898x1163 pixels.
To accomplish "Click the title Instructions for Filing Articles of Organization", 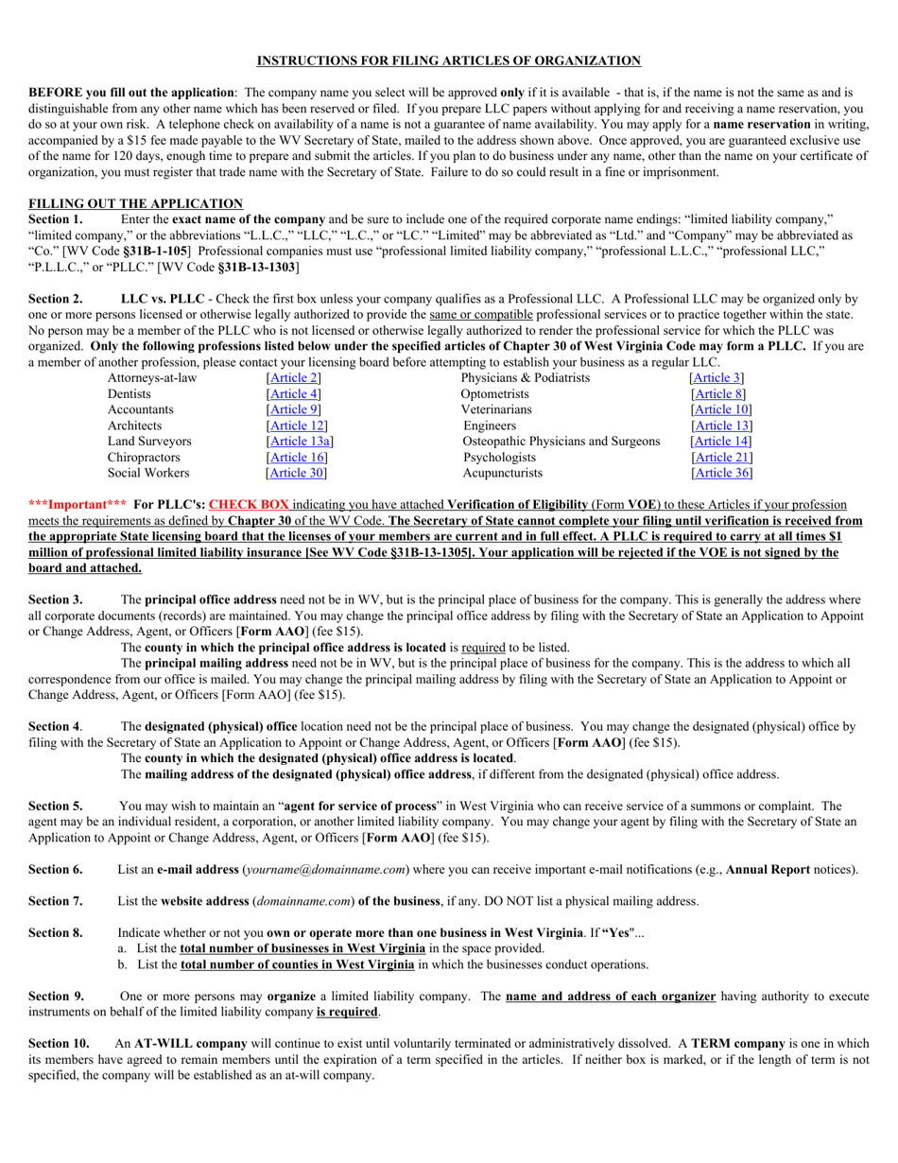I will click(449, 61).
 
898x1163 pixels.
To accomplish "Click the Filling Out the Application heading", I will click(135, 203).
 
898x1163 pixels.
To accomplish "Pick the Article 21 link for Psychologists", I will click(721, 458).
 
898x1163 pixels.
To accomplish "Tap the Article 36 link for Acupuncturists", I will click(721, 473).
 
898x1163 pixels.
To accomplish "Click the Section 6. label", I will click(55, 869).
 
